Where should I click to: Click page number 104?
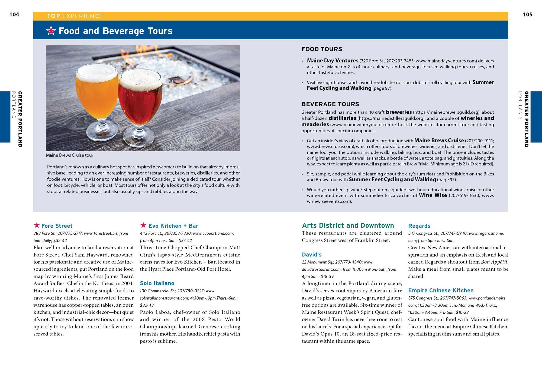pos(14,15)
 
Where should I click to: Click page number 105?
pos(527,15)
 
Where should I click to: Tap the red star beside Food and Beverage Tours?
pos(51,31)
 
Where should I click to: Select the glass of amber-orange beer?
pos(97,95)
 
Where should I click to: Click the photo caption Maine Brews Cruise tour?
pos(69,155)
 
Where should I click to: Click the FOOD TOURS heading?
pos(322,49)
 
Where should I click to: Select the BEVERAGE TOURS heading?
pos(330,104)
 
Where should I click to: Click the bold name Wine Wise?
pos(433,195)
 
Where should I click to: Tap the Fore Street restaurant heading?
pos(57,226)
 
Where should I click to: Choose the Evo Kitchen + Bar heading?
pos(173,226)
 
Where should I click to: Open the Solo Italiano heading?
pos(157,283)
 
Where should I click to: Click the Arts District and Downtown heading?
pos(348,226)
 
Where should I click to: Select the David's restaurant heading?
pos(312,254)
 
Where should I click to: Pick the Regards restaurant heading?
pos(419,226)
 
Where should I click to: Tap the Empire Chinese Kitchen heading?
pos(441,290)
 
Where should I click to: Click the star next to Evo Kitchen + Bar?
pos(143,225)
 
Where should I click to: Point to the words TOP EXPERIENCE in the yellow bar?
pos(75,16)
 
